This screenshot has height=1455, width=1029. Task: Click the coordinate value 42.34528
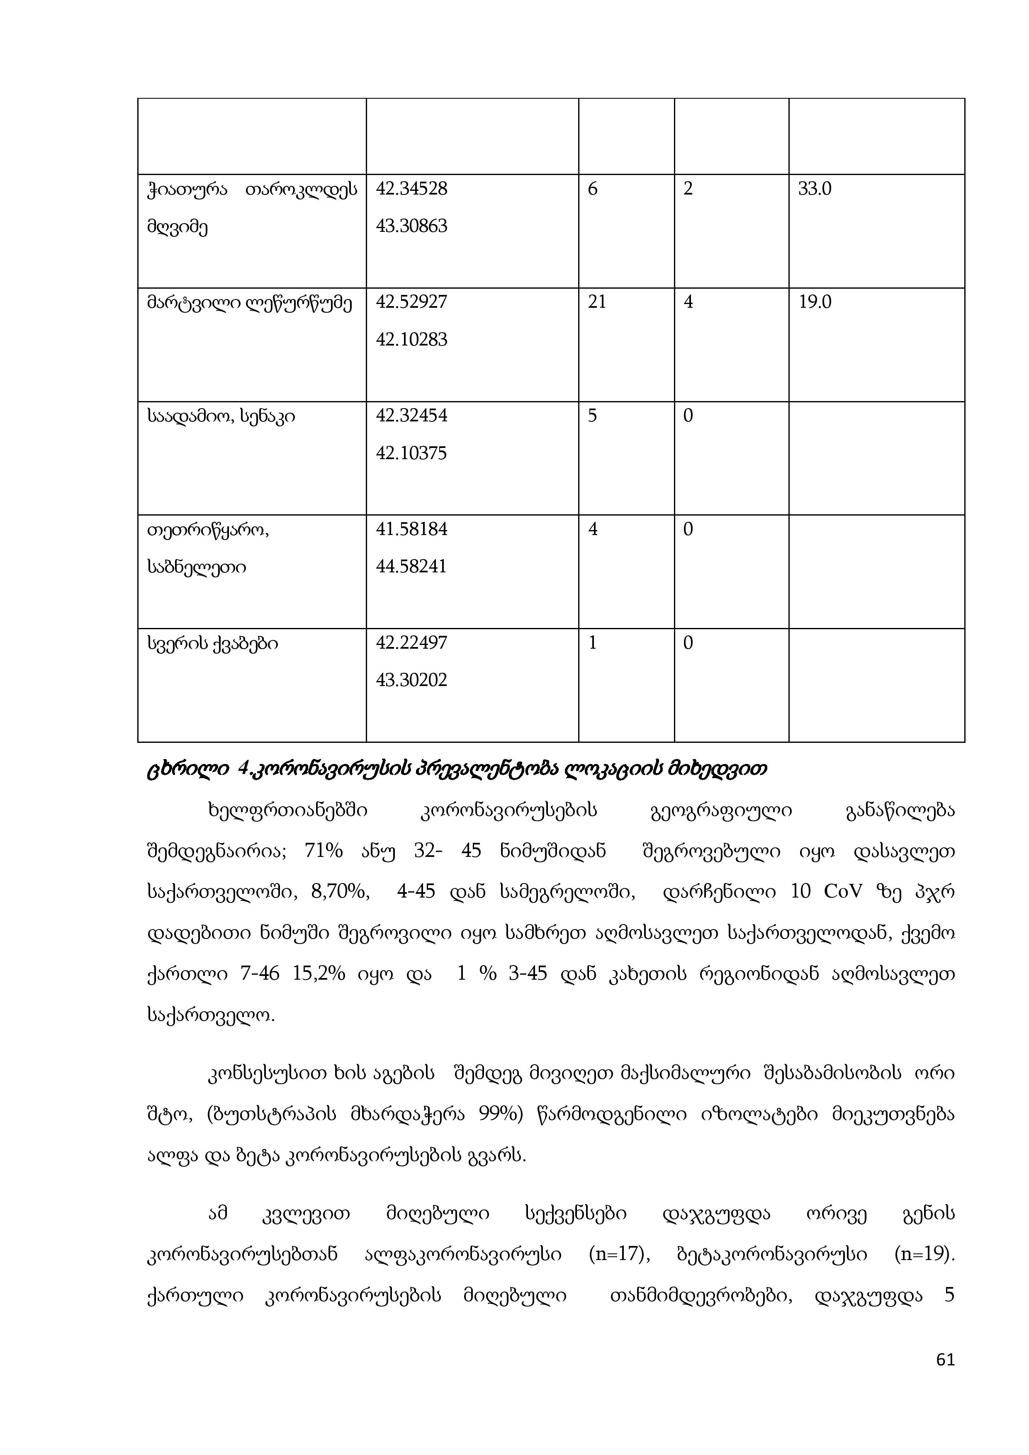point(411,189)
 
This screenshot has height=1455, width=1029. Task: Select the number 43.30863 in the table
point(411,226)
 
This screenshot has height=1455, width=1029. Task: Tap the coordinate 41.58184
point(411,529)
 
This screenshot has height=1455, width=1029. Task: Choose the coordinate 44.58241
point(411,567)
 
